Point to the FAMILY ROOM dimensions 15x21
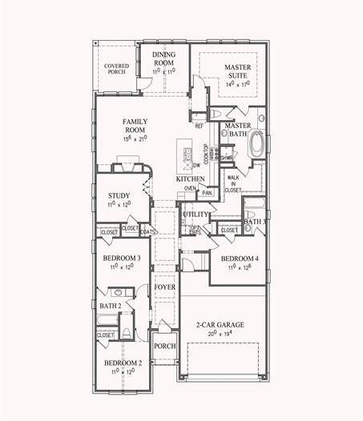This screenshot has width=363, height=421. click(x=138, y=138)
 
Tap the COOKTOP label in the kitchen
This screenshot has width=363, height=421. click(x=206, y=154)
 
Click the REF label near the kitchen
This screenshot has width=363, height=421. click(x=199, y=126)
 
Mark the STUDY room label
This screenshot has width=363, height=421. click(x=119, y=195)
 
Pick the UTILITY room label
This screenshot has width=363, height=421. click(x=195, y=215)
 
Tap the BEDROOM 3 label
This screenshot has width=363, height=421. click(x=122, y=258)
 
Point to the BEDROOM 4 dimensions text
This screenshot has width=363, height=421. click(x=239, y=268)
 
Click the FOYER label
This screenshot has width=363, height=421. click(x=164, y=287)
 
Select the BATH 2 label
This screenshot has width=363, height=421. click(x=110, y=306)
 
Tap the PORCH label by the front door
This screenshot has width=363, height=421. click(x=164, y=346)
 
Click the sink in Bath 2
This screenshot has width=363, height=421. click(x=118, y=293)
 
